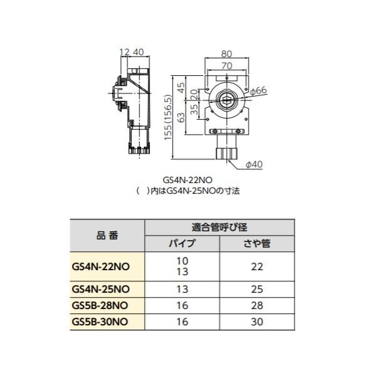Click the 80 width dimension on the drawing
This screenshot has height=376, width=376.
pyautogui.click(x=227, y=55)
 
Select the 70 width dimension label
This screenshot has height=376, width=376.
pyautogui.click(x=227, y=65)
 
